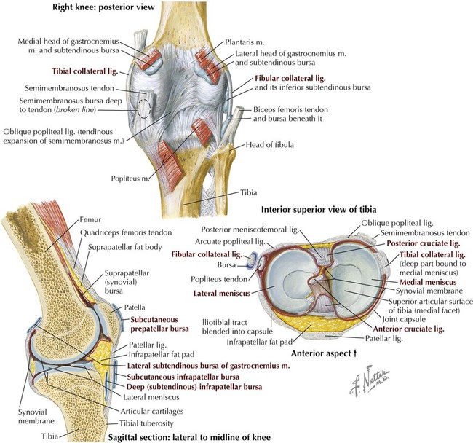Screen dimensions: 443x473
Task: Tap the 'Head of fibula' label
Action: [269, 145]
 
